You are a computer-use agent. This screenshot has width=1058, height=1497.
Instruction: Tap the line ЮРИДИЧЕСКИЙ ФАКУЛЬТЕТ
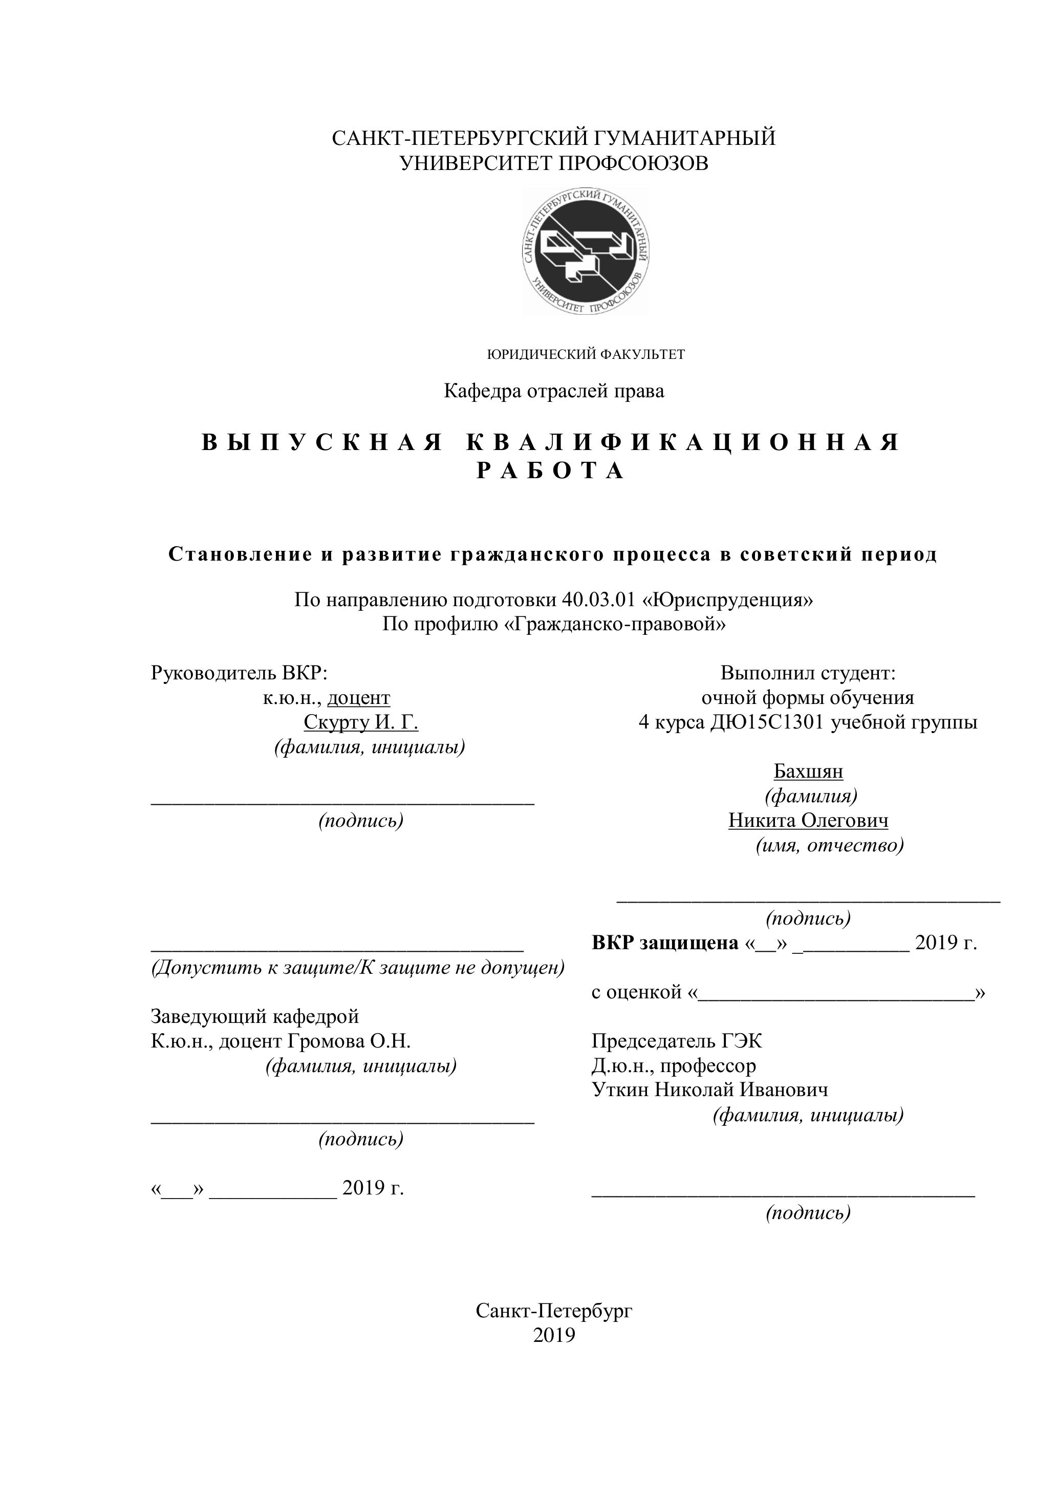[x=586, y=355]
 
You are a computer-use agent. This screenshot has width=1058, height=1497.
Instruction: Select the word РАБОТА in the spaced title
[x=551, y=470]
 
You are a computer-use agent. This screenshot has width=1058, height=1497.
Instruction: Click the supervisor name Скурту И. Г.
[x=360, y=722]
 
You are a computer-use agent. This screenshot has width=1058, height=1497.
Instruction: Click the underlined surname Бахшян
[x=808, y=772]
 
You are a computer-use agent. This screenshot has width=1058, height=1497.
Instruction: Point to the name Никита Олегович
[x=808, y=820]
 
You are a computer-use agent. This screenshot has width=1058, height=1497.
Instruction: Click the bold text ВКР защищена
[x=664, y=943]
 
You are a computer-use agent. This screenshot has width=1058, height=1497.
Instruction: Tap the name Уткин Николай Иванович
[x=710, y=1089]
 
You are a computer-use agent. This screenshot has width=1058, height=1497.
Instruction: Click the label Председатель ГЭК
[x=676, y=1041]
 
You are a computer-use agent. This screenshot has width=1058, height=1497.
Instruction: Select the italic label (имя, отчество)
[x=829, y=846]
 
